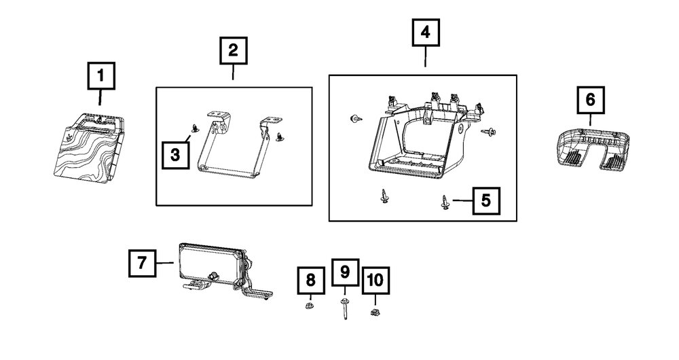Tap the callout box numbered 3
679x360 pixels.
[x=176, y=155]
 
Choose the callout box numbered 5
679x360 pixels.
[x=485, y=200]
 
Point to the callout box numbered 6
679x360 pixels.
[x=590, y=100]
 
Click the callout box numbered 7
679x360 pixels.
[x=141, y=262]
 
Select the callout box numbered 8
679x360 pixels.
[x=310, y=280]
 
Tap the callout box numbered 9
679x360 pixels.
[x=344, y=272]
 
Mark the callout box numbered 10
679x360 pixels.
[x=374, y=280]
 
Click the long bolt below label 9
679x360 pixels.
[x=346, y=310]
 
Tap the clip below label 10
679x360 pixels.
[x=374, y=312]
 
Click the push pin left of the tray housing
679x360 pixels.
[x=354, y=120]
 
